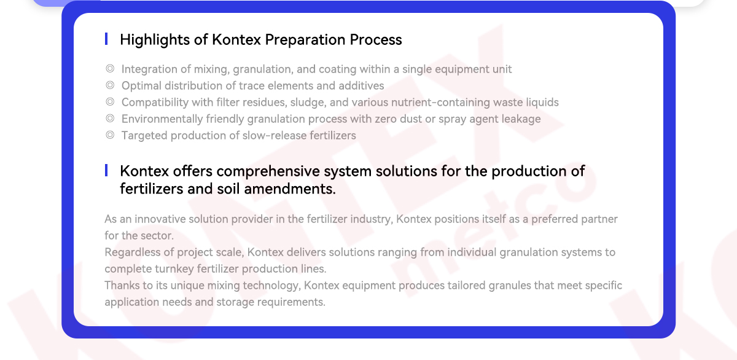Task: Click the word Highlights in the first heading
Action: [155, 40]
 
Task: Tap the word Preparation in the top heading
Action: [305, 40]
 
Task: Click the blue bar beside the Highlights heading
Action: [106, 39]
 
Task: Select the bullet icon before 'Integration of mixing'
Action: [110, 68]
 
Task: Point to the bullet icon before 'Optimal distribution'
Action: [110, 85]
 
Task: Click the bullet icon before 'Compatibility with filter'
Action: [110, 102]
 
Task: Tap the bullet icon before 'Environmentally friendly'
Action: [110, 118]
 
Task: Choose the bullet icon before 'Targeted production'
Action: [110, 135]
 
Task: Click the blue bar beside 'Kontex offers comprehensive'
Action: [106, 170]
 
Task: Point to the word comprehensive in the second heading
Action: [268, 171]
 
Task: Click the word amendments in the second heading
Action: [290, 189]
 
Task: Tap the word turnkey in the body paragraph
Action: [174, 269]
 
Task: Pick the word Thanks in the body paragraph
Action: [122, 285]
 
